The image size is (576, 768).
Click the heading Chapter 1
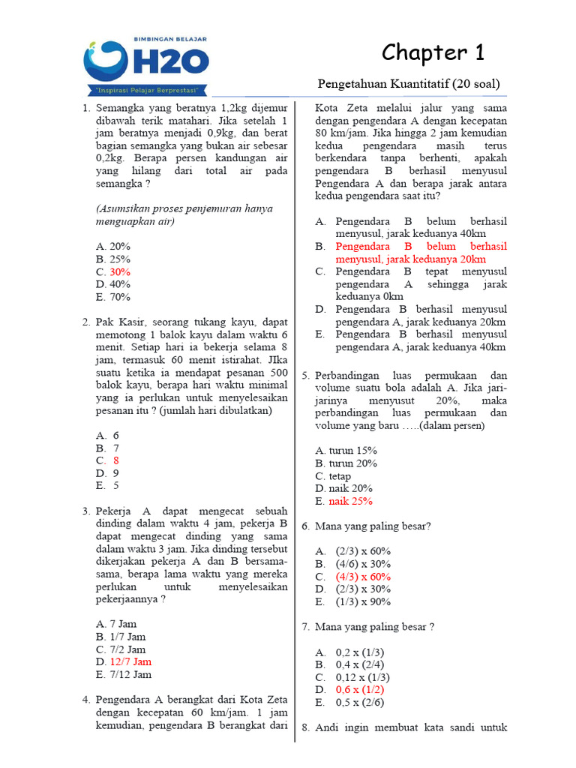coord(433,52)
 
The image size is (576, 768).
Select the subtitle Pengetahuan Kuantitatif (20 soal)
coord(409,83)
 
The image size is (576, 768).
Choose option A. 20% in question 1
coord(113,246)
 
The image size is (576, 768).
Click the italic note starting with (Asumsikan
coord(184,215)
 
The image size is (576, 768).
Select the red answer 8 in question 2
coord(116,460)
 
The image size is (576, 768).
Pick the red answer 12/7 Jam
coord(130,661)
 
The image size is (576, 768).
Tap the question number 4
coord(85,700)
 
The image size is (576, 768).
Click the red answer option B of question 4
coord(421,253)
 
